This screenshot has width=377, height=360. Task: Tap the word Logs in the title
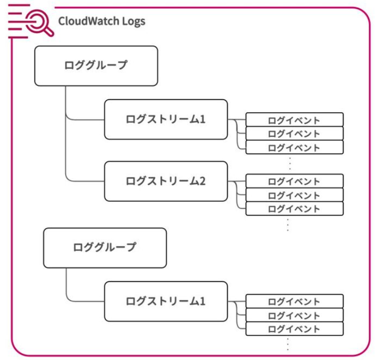(134, 22)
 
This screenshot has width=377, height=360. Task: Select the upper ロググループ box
(96, 66)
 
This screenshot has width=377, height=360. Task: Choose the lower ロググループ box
(105, 248)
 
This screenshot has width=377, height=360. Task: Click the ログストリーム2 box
(166, 181)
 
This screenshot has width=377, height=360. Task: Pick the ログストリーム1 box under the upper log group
(166, 120)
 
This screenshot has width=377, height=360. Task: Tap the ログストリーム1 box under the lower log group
(166, 301)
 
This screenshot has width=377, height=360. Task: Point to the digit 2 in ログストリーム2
(202, 181)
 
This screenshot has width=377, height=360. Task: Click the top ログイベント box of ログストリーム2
(294, 181)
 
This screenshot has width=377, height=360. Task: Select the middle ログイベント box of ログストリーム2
(294, 195)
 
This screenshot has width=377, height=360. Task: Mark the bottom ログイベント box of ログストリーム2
(294, 208)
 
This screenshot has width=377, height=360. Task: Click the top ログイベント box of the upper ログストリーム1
(294, 120)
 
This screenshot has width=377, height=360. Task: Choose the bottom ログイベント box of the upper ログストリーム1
(294, 147)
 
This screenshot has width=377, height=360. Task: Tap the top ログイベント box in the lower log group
(294, 301)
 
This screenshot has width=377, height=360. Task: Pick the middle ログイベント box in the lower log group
(294, 315)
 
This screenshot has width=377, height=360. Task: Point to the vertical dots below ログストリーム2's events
(288, 225)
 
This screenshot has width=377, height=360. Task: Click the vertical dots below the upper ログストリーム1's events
(290, 164)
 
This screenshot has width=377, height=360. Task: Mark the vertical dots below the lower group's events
(288, 344)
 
